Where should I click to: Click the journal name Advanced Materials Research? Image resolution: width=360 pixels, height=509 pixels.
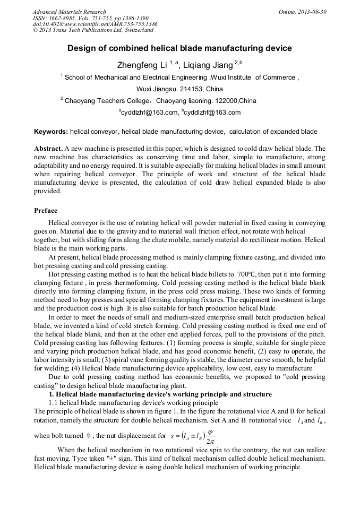coord(69,12)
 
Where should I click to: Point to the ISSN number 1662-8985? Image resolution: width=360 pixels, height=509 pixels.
coord(62,18)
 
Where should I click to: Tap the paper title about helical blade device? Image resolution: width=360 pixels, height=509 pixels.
coord(179,48)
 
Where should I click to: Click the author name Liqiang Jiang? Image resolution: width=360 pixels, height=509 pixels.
coord(208,65)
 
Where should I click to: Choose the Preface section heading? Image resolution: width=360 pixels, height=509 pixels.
coord(46,211)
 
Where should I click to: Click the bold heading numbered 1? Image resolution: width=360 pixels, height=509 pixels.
coord(160,394)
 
